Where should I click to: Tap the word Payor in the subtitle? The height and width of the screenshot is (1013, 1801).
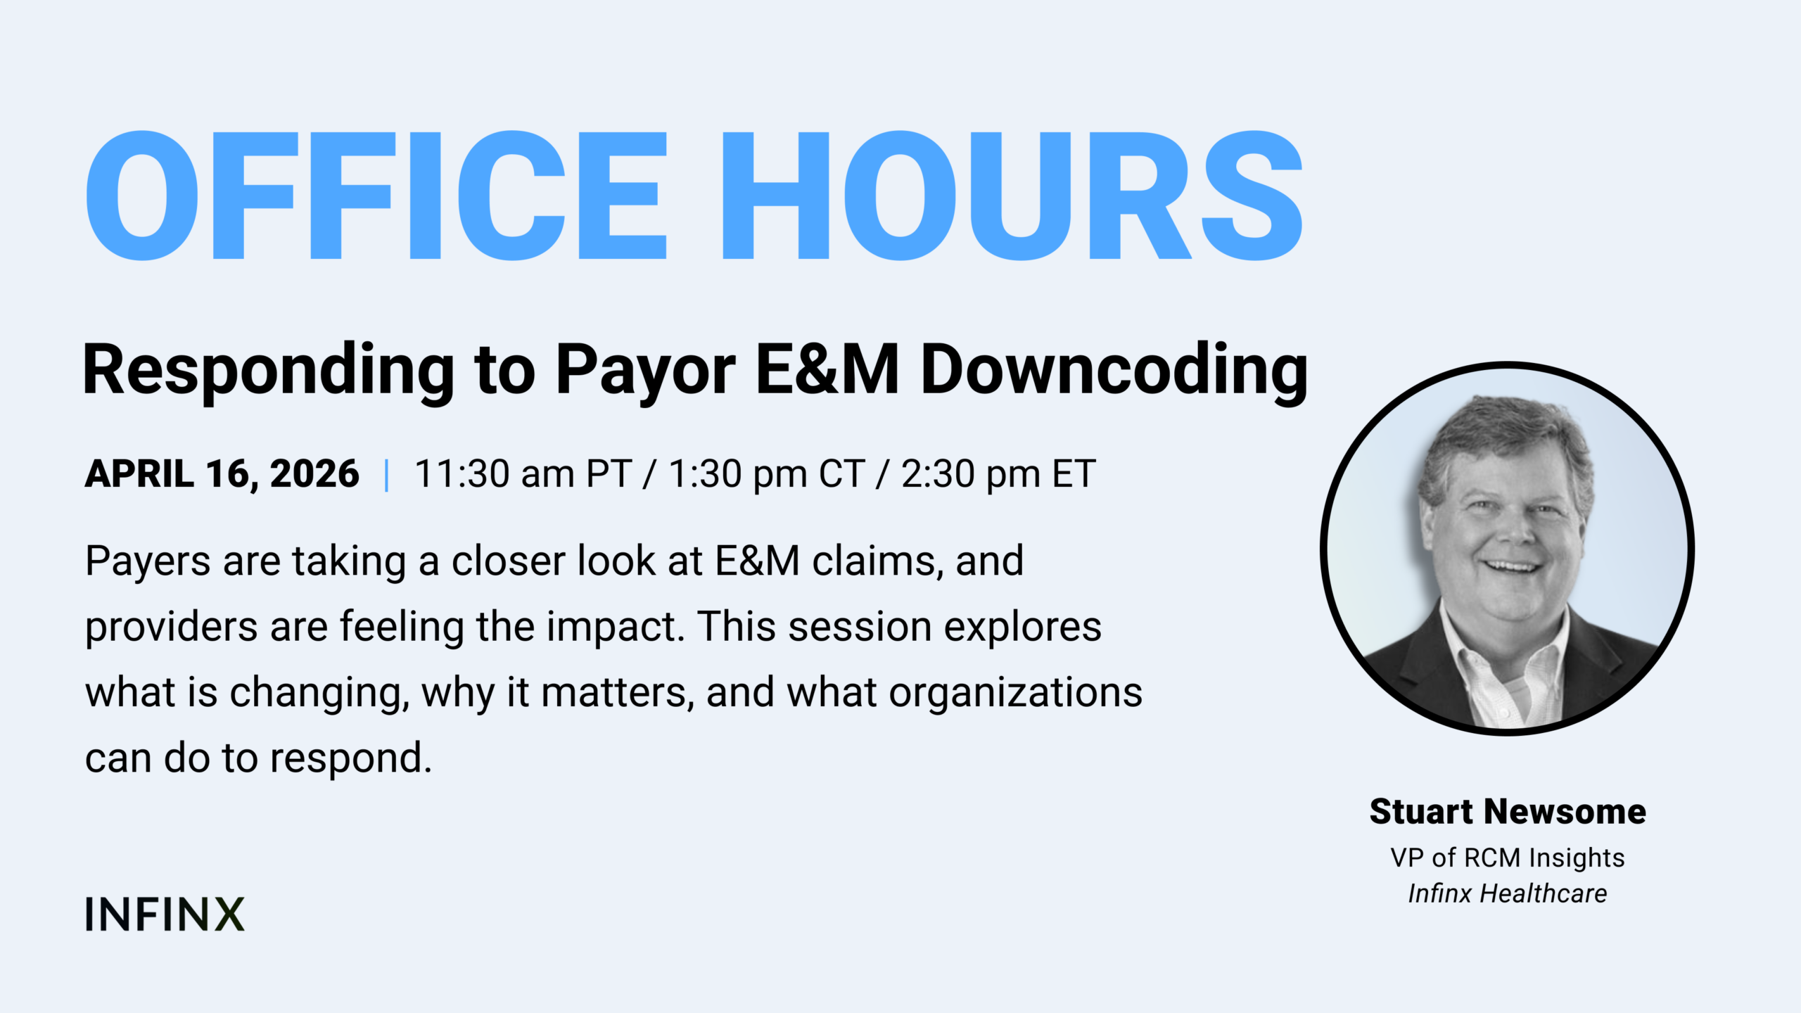click(646, 374)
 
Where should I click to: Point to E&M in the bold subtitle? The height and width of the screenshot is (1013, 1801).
click(827, 369)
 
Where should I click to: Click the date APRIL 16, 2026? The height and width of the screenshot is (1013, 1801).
click(222, 473)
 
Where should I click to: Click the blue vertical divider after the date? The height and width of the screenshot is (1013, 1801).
click(386, 475)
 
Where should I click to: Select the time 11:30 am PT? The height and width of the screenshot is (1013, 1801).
click(523, 473)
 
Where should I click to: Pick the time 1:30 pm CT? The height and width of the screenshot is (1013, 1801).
click(766, 473)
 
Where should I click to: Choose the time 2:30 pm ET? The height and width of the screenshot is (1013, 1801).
click(998, 473)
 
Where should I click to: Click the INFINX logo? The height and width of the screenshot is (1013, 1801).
click(165, 914)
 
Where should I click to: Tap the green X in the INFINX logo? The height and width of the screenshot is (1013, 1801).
click(229, 914)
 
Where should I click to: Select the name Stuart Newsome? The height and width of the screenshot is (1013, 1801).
click(1508, 812)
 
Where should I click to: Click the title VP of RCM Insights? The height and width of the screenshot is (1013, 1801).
click(1508, 858)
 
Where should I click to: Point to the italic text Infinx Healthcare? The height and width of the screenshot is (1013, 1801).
click(1508, 894)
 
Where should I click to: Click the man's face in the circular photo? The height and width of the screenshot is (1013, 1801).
click(1506, 535)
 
